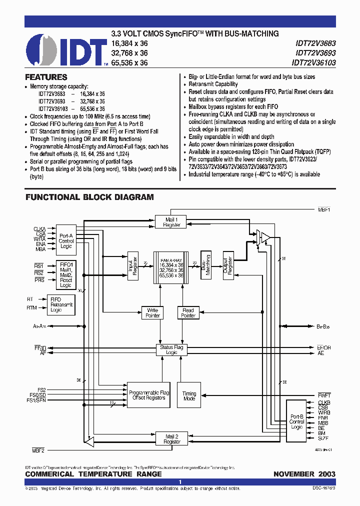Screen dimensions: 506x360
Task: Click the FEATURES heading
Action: [46, 77]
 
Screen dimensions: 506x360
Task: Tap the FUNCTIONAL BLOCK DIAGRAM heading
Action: [89, 197]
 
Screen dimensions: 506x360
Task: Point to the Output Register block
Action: [228, 264]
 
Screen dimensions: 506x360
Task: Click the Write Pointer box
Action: [152, 313]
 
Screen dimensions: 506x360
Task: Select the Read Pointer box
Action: [188, 313]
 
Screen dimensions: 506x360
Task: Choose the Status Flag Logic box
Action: [171, 349]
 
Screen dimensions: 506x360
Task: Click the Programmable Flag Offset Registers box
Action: [149, 395]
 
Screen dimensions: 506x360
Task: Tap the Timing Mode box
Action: [189, 396]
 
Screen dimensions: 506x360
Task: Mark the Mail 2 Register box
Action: [172, 439]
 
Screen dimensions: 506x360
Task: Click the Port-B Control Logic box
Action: [297, 421]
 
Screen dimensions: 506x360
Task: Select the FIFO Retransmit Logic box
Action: [61, 304]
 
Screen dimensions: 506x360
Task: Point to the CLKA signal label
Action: [40, 229]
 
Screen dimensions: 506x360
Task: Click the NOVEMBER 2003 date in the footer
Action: [304, 474]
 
